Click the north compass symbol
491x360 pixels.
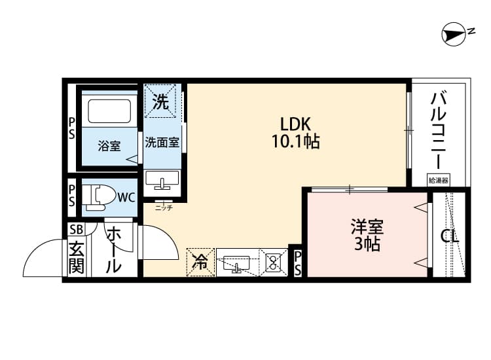pyautogui.click(x=454, y=35)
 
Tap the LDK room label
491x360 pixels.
pyautogui.click(x=295, y=124)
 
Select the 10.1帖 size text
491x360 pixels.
pyautogui.click(x=295, y=141)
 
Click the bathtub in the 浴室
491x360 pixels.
pyautogui.click(x=109, y=111)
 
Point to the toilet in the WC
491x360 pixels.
pyautogui.click(x=98, y=197)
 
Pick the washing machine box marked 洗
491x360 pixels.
pyautogui.click(x=160, y=101)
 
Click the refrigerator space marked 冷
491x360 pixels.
pyautogui.click(x=200, y=262)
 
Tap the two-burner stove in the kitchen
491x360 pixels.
pyautogui.click(x=274, y=262)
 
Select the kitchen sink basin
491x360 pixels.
pyautogui.click(x=236, y=263)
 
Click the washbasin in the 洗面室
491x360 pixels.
pyautogui.click(x=162, y=180)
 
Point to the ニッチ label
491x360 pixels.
pyautogui.click(x=164, y=207)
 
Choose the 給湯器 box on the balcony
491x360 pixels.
pyautogui.click(x=439, y=180)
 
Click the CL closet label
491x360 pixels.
pyautogui.click(x=450, y=237)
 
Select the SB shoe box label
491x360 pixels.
pyautogui.click(x=77, y=230)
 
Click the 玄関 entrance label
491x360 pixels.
pyautogui.click(x=77, y=258)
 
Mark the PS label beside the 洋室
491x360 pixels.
pyautogui.click(x=297, y=263)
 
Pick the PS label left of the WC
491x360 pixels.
pyautogui.click(x=72, y=196)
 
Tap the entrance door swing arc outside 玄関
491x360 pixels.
pyautogui.click(x=35, y=251)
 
